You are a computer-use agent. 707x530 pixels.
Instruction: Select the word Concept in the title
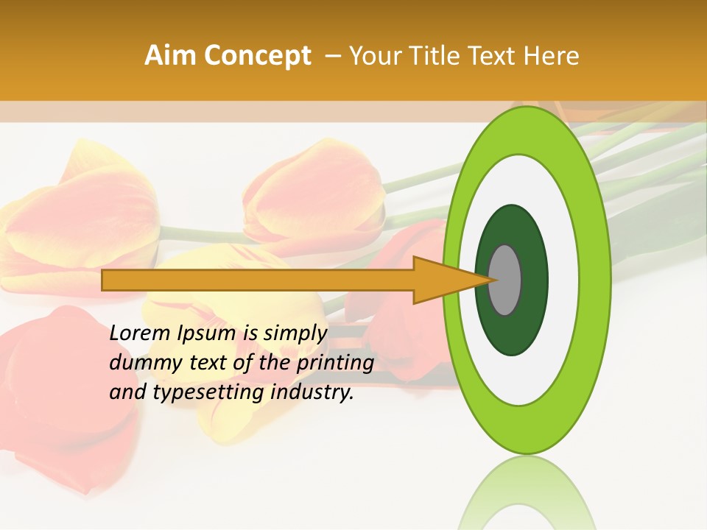tap(257, 56)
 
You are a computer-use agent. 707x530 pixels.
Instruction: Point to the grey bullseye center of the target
tap(505, 280)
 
